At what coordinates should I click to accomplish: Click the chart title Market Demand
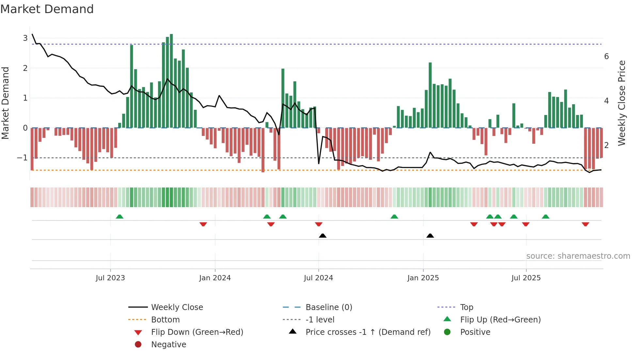coord(47,9)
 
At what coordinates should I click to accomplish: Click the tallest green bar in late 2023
coord(171,82)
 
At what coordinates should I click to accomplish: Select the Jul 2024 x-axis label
coord(318,278)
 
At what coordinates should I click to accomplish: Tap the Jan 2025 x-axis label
coord(423,278)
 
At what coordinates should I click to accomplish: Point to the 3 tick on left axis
coord(25,38)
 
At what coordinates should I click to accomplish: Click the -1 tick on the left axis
coord(23,158)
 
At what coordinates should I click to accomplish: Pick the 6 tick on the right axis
coord(606,57)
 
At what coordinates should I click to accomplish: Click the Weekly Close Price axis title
coord(622,103)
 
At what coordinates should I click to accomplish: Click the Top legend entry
coord(467,307)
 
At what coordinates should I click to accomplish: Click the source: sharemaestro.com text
coord(578,256)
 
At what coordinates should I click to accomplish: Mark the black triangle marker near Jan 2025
coord(430,236)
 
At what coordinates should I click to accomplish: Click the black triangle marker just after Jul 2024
coord(323,236)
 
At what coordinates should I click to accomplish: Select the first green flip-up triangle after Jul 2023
coord(120,217)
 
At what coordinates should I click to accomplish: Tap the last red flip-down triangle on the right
coord(585,224)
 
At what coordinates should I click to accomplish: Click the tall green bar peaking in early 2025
coord(430,95)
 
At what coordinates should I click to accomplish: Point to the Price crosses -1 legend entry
coord(368,332)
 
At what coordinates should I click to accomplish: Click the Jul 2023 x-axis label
coord(110,278)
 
